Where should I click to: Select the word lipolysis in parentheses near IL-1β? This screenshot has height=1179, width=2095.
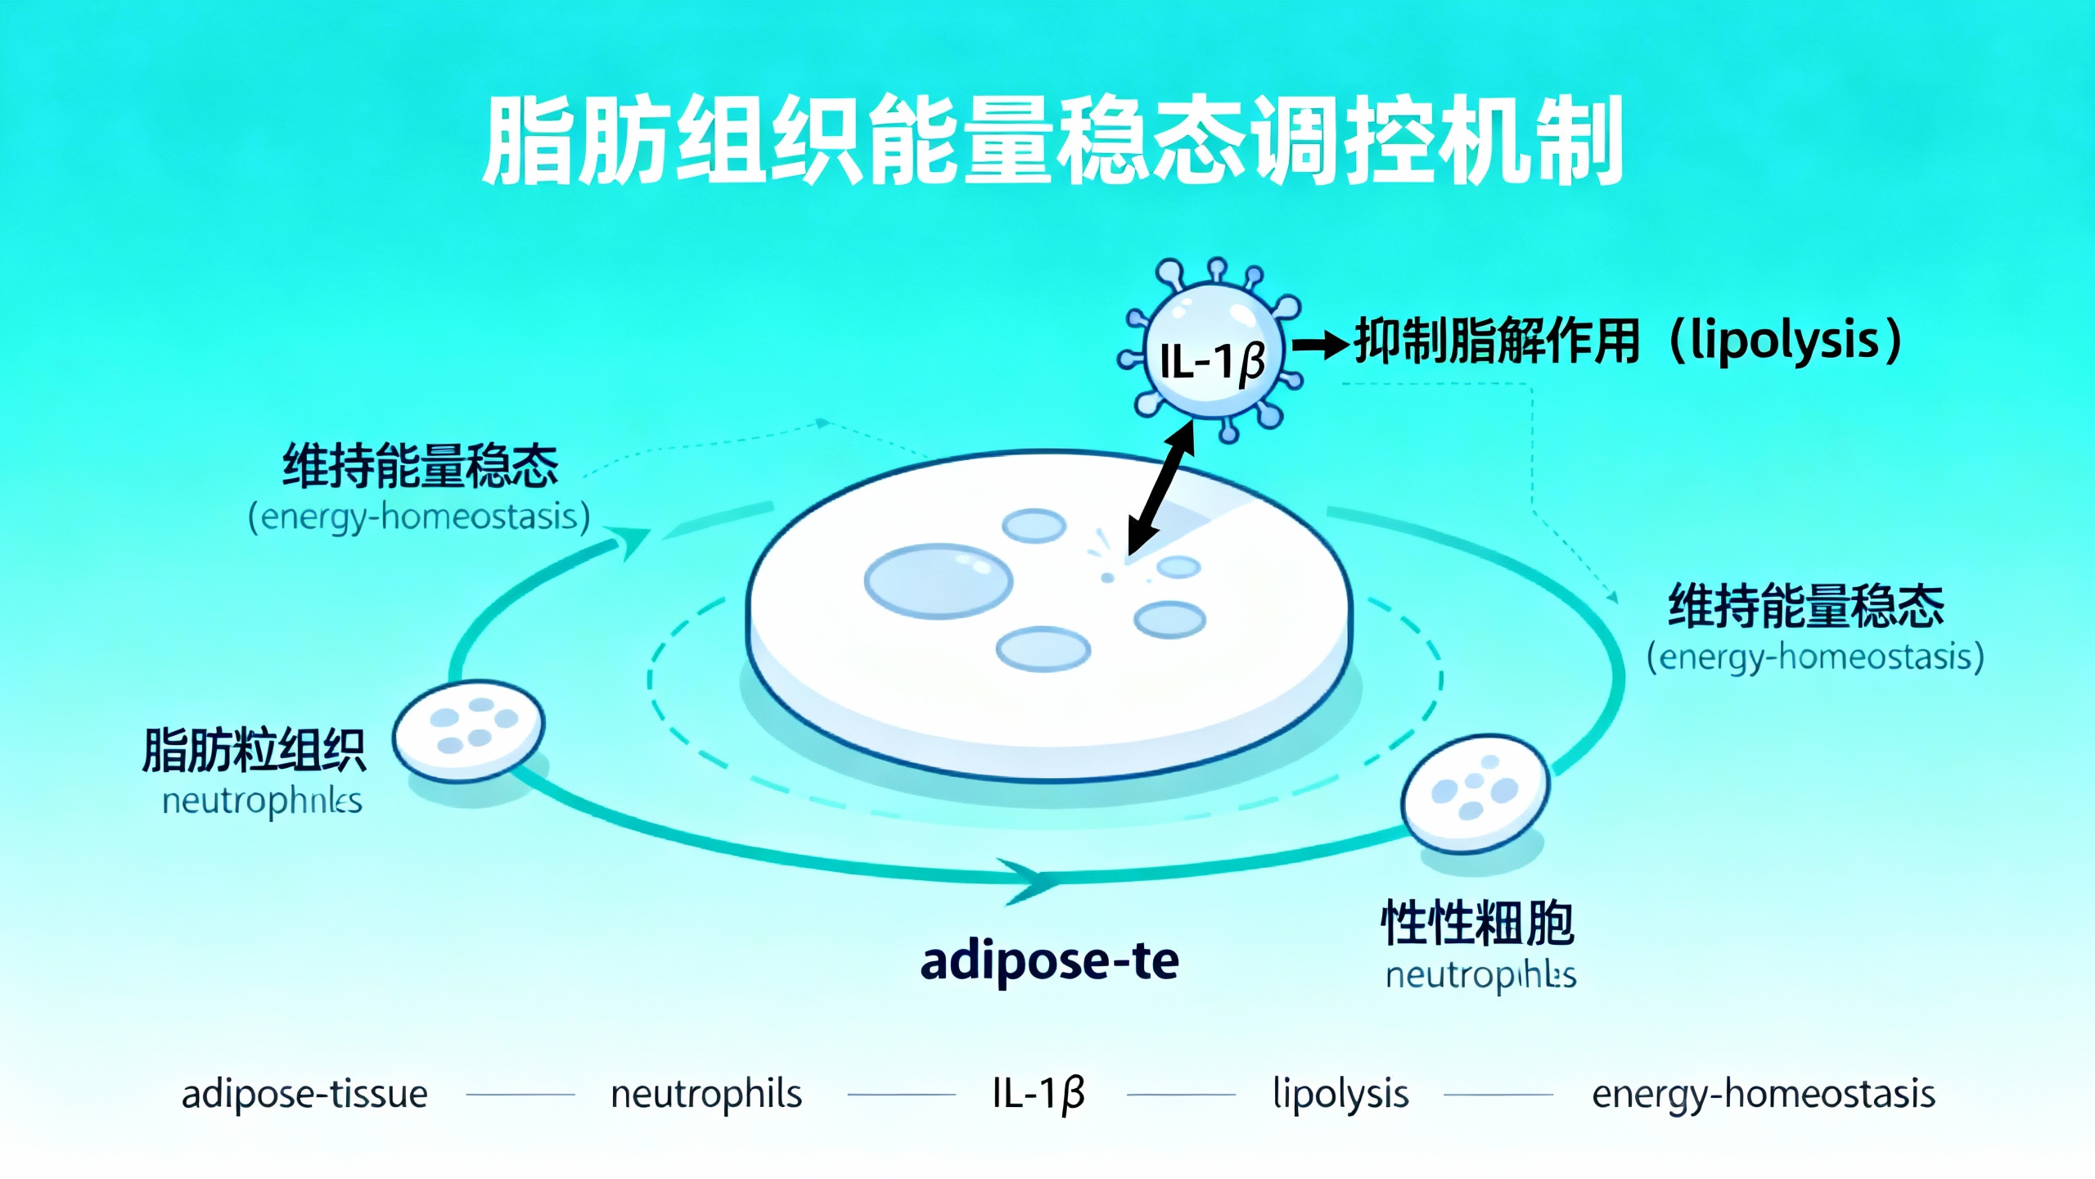1784,341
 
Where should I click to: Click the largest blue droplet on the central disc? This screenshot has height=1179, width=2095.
938,580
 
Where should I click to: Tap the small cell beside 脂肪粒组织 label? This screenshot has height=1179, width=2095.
468,730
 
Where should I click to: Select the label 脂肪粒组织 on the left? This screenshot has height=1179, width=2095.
254,750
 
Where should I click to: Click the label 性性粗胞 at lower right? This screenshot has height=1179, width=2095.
1477,923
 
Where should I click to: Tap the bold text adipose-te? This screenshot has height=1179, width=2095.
1049,961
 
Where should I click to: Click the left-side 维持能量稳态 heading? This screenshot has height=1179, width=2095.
420,467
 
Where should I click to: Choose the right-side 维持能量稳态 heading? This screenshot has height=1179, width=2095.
1805,607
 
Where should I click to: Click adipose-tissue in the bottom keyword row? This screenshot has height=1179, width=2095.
304,1094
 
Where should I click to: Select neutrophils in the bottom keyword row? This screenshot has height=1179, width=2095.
706,1094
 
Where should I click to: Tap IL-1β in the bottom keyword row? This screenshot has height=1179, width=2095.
1038,1094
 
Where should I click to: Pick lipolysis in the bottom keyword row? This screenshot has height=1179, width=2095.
1340,1094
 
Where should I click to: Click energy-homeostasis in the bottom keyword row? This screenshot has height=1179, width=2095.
1763,1094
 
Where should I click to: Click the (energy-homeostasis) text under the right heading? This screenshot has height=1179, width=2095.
1815,657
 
